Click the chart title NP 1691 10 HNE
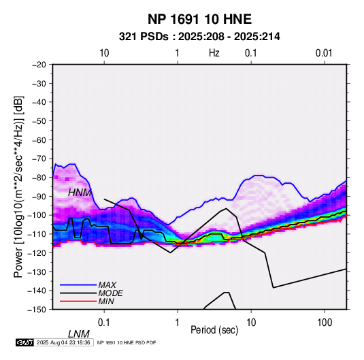click(x=199, y=19)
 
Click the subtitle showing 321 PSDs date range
click(x=199, y=37)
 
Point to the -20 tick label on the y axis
click(x=39, y=65)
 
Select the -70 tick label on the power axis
click(x=39, y=159)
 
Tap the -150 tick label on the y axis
click(x=37, y=310)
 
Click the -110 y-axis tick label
click(x=37, y=234)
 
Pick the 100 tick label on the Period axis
click(x=325, y=323)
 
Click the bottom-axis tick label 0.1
click(x=104, y=323)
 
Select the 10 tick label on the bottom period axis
click(x=251, y=323)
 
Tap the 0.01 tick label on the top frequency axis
click(x=324, y=53)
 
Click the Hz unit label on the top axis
click(x=214, y=53)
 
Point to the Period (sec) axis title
click(x=214, y=330)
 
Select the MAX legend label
click(x=107, y=285)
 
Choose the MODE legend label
click(x=110, y=293)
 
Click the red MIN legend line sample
click(x=78, y=301)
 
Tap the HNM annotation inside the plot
click(x=80, y=193)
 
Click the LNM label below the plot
click(x=78, y=334)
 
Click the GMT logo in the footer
click(x=25, y=342)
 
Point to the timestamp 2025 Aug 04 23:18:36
click(x=63, y=342)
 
